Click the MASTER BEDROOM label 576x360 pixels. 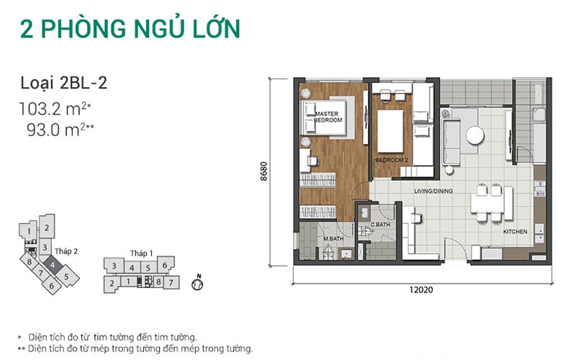(328, 117)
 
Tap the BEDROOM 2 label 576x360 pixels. (391, 160)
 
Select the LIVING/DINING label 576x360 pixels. (433, 191)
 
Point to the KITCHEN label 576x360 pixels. (515, 231)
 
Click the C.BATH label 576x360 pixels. (380, 225)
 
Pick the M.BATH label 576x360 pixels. (333, 238)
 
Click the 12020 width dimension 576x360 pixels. (421, 290)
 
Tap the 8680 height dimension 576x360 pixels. (264, 171)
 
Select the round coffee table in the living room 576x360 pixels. (475, 135)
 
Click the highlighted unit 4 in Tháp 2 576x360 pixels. (53, 264)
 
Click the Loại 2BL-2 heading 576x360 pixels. (63, 83)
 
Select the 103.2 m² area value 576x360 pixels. (55, 109)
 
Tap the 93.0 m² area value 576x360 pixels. (60, 130)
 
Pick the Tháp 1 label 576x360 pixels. (141, 253)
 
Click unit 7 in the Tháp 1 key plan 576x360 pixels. (171, 282)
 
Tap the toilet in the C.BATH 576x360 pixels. (366, 231)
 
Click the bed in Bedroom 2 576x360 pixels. (390, 131)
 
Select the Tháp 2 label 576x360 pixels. (66, 251)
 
